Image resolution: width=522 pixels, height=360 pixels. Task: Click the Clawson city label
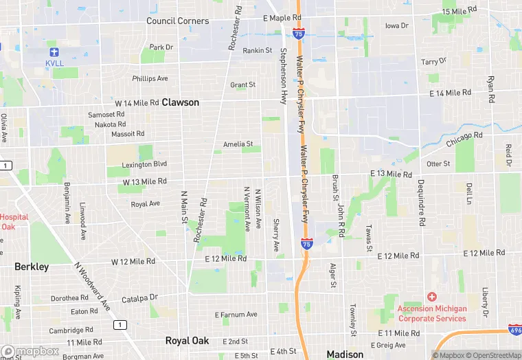[181, 102]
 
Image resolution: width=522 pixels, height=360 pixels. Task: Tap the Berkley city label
[32, 267]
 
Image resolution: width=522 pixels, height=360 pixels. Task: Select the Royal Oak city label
[187, 341]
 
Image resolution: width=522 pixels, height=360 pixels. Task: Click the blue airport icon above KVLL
[54, 52]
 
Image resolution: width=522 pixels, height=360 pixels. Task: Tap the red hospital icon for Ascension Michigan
[431, 297]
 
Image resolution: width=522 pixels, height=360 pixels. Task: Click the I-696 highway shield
[515, 330]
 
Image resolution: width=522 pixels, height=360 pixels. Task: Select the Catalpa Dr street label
[139, 298]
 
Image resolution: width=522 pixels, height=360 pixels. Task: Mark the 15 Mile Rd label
[459, 12]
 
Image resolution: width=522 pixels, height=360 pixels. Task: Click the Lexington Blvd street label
[144, 164]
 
